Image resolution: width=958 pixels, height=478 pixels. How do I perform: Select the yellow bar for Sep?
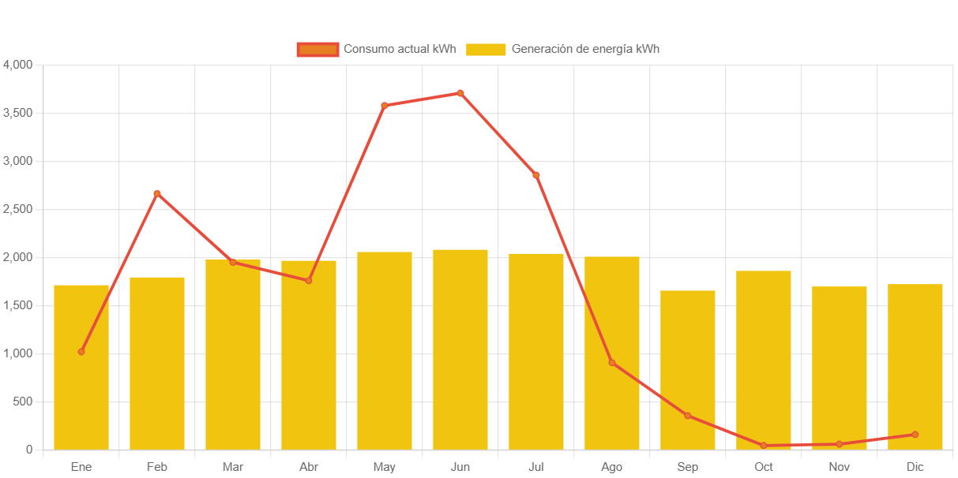tap(688, 371)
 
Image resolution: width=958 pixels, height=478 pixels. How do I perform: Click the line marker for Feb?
tap(157, 193)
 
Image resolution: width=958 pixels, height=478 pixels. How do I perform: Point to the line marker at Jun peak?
tap(460, 93)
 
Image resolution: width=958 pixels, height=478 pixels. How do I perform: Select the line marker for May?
tap(385, 106)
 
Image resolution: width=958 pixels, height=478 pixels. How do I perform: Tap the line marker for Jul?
tap(536, 175)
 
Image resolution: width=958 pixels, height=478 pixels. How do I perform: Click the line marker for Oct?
tap(764, 446)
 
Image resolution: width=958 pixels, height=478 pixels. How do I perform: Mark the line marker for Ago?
tap(612, 363)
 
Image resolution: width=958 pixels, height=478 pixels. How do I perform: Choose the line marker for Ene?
tap(81, 352)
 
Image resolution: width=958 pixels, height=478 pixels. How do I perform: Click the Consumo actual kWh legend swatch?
tap(317, 49)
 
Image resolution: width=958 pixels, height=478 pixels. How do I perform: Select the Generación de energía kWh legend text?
tap(585, 49)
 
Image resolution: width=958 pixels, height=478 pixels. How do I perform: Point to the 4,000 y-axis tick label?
tap(17, 64)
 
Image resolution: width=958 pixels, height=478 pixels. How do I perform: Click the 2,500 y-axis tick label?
tap(17, 209)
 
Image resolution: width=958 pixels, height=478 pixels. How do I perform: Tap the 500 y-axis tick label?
tap(22, 401)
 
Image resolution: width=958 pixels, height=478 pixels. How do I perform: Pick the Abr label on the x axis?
tap(309, 467)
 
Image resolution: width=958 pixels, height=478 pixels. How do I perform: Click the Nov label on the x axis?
tap(840, 467)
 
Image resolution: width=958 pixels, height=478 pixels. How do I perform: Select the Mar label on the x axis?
tap(233, 467)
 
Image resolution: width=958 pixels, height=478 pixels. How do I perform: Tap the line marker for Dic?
tap(915, 435)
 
